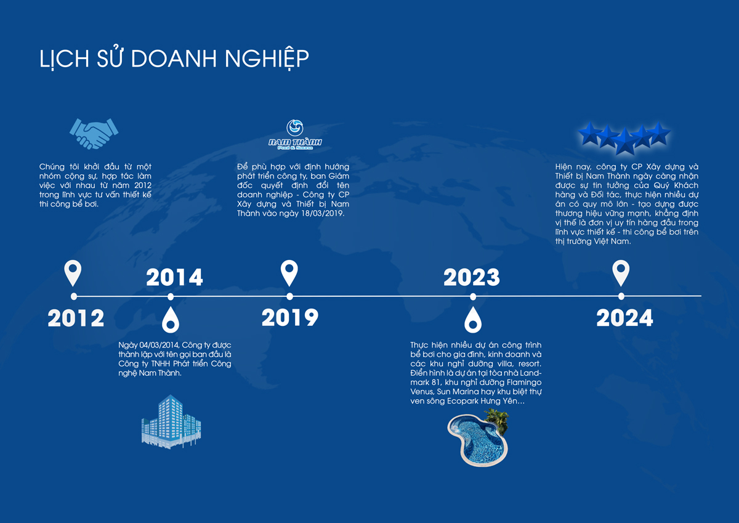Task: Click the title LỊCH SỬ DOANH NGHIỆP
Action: [174, 59]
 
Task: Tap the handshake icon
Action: [94, 133]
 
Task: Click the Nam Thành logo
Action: [294, 135]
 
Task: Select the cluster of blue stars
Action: [624, 138]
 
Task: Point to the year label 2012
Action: [76, 318]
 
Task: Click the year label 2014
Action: [174, 277]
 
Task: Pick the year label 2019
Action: [290, 317]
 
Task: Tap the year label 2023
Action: [472, 277]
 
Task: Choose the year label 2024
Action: [624, 318]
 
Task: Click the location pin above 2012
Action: [73, 272]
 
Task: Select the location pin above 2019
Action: [289, 272]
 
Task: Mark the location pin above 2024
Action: [621, 272]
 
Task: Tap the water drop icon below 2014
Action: [171, 321]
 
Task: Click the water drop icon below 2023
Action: [473, 321]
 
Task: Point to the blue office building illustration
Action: [171, 422]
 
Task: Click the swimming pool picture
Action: [478, 438]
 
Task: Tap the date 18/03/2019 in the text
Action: [322, 214]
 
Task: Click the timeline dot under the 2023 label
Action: [473, 297]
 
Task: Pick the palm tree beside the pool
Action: [497, 421]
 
